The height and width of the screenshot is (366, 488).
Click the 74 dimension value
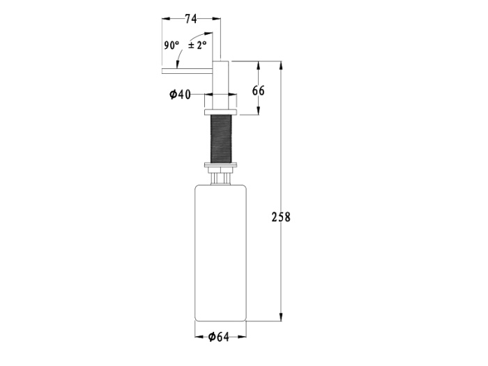coord(191,19)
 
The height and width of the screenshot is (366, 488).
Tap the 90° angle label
coord(171,45)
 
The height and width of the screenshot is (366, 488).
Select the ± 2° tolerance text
coord(197,45)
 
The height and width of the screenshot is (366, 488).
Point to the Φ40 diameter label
coord(180,94)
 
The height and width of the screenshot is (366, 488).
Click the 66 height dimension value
coord(259,91)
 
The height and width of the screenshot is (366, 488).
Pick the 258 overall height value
coord(281,217)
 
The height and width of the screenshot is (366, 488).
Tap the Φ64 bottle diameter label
coord(218,337)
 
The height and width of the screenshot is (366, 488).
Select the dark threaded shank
coord(221,139)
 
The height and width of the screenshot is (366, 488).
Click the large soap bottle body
coord(221,253)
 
